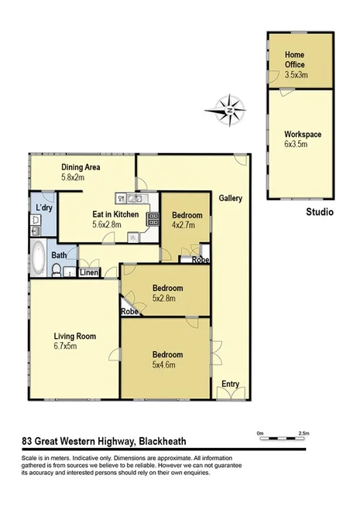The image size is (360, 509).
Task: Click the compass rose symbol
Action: coord(230,109)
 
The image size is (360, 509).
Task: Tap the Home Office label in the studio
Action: coord(295,60)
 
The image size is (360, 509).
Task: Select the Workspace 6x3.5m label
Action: coord(303,139)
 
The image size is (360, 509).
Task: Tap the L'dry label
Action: coord(43,208)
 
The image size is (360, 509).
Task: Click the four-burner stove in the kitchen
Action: coord(153,219)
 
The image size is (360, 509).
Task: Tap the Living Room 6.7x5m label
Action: coord(74,340)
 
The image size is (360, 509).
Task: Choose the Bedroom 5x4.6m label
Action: coord(166,360)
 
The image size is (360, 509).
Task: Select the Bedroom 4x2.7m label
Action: coord(187,220)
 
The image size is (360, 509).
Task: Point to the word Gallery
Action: coord(230,198)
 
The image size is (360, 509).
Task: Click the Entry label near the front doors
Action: coord(230,384)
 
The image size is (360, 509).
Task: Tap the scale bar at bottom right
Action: coord(282,437)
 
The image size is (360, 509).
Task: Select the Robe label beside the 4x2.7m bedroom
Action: coord(200,259)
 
